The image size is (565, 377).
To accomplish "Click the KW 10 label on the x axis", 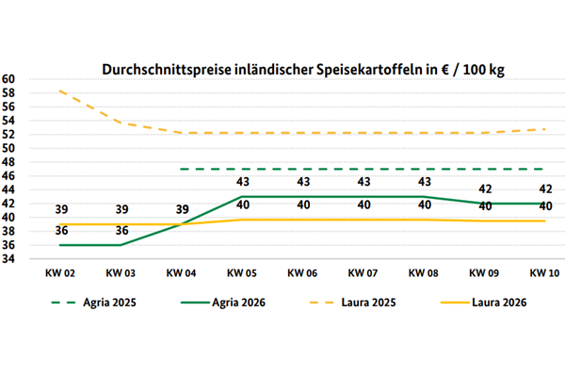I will [542, 273].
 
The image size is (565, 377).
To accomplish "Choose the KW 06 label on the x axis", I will [300, 273].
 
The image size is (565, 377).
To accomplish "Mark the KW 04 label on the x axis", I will [180, 273].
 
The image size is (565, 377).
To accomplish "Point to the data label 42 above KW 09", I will [482, 189].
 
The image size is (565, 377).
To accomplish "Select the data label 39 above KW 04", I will [180, 210].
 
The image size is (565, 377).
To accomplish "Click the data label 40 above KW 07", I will [361, 205].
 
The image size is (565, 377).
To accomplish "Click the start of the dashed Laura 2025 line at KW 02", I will [59, 90].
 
